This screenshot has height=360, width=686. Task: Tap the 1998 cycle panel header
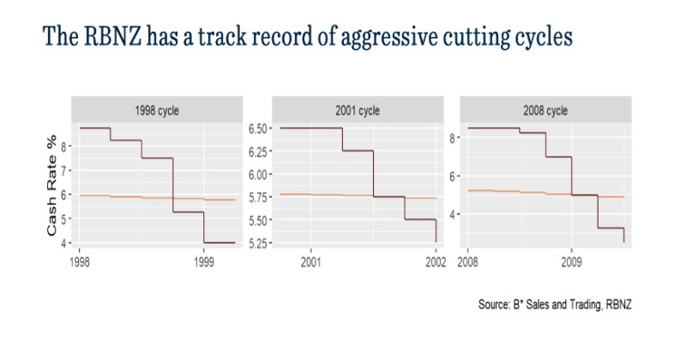point(158,111)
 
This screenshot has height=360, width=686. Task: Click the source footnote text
point(562,305)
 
